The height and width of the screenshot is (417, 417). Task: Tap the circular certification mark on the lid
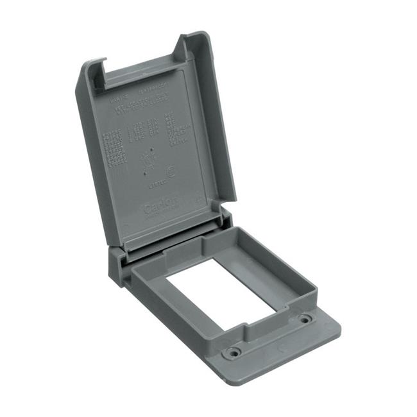[x=170, y=173]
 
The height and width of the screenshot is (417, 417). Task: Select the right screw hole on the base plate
[x=304, y=318]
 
